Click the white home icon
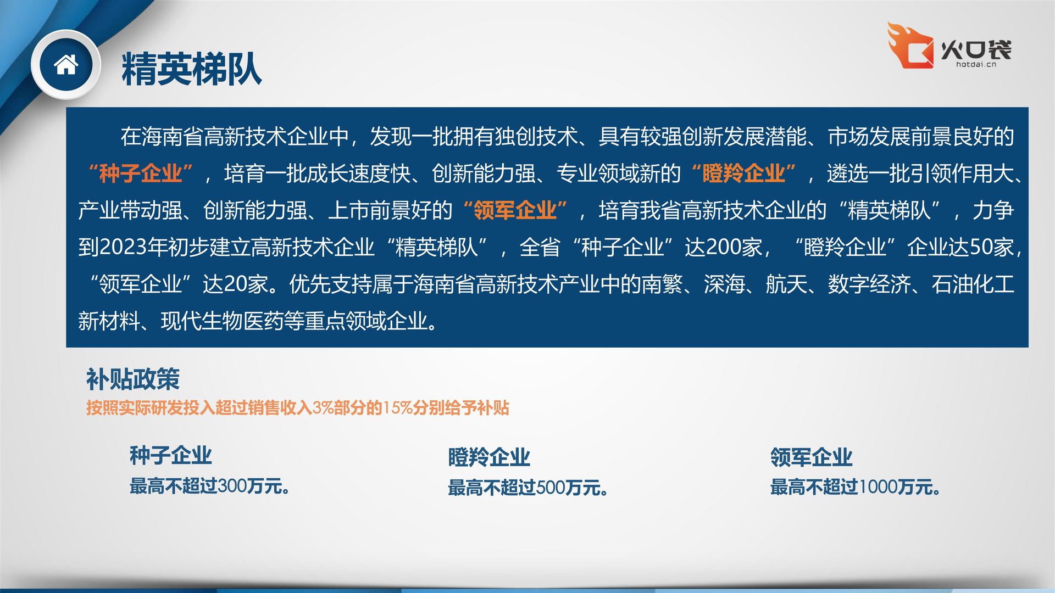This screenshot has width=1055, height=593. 66,65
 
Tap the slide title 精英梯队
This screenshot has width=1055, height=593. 191,69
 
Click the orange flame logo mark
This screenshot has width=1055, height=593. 910,46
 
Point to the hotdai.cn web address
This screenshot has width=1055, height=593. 976,65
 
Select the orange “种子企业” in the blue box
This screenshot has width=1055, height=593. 140,174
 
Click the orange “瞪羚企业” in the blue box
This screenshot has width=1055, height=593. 743,174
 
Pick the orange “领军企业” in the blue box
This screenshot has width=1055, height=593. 515,210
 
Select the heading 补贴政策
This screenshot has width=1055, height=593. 133,379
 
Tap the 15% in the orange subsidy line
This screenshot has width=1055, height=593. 397,408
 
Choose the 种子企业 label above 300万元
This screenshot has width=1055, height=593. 170,455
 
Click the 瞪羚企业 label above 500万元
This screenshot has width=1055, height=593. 489,457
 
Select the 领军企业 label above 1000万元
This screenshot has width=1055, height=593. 811,457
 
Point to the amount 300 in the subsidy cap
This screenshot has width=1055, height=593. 232,486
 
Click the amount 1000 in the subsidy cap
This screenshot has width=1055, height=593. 878,487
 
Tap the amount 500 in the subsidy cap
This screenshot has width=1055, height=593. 551,488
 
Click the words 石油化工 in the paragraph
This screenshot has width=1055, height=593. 973,284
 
